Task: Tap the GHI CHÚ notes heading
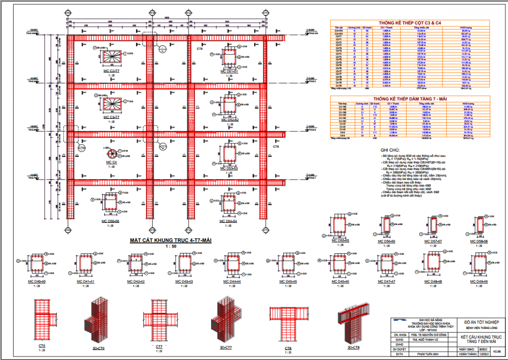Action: click(x=390, y=150)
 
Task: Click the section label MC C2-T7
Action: click(x=110, y=71)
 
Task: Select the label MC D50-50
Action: click(x=110, y=221)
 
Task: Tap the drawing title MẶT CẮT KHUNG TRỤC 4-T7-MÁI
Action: click(x=171, y=241)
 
